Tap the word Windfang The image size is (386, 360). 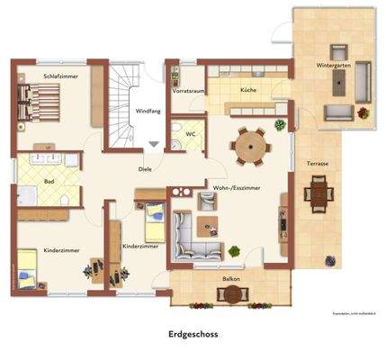pyautogui.click(x=148, y=112)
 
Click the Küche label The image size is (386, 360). pyautogui.click(x=248, y=91)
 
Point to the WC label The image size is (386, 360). pyautogui.click(x=191, y=135)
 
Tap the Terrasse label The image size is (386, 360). pyautogui.click(x=317, y=164)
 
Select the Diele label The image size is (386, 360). pyautogui.click(x=145, y=168)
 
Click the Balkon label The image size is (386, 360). pyautogui.click(x=231, y=279)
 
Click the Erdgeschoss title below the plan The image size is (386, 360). pyautogui.click(x=193, y=334)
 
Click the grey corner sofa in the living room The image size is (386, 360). pyautogui.click(x=189, y=231)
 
